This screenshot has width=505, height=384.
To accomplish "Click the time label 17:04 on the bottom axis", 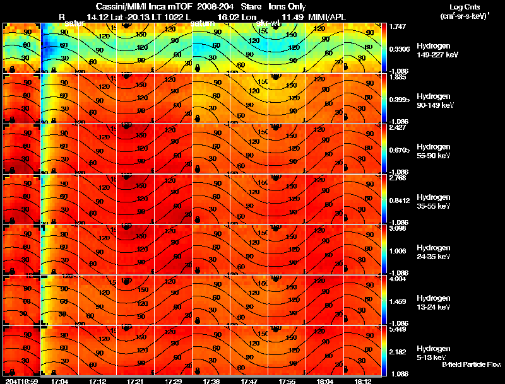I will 60,381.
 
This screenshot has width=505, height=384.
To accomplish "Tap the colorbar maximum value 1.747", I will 399,27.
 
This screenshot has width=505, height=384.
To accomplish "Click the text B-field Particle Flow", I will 471,364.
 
